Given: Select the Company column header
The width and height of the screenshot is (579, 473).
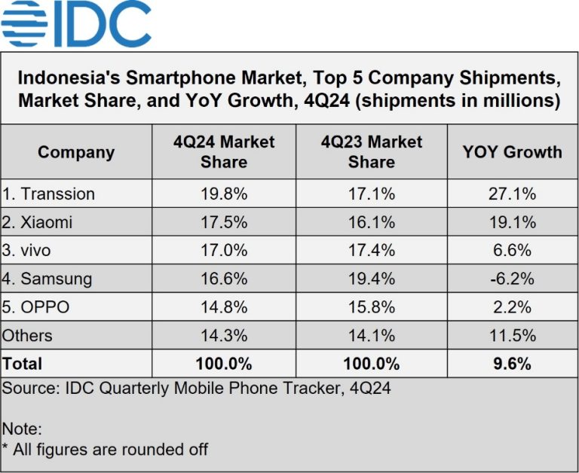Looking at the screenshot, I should point(76,152).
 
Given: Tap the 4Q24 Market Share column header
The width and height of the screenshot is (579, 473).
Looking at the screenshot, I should point(224,152).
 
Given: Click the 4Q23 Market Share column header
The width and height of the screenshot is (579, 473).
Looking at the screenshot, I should point(371,152).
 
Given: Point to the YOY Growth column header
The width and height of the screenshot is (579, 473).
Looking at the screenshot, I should point(512,152).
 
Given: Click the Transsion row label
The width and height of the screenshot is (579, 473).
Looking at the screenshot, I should point(49,194).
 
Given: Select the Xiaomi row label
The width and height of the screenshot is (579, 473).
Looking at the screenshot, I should point(41,222).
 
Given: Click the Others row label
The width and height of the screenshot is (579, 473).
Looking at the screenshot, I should point(28,335).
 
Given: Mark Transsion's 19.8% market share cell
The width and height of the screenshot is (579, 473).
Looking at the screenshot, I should point(224,194).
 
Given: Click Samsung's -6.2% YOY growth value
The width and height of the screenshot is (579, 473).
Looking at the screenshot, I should point(512,279).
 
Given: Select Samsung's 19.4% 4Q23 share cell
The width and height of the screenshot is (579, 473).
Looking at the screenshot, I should point(371,279).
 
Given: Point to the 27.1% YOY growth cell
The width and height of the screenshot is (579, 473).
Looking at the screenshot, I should point(512,194).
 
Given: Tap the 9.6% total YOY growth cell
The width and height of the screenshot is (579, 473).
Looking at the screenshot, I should point(512,364).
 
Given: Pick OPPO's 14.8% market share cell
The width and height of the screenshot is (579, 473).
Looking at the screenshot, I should point(224,307).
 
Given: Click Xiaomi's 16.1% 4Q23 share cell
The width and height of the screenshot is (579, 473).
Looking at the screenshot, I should point(371,222).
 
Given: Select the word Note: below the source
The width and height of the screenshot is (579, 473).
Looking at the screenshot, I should point(22,429).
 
